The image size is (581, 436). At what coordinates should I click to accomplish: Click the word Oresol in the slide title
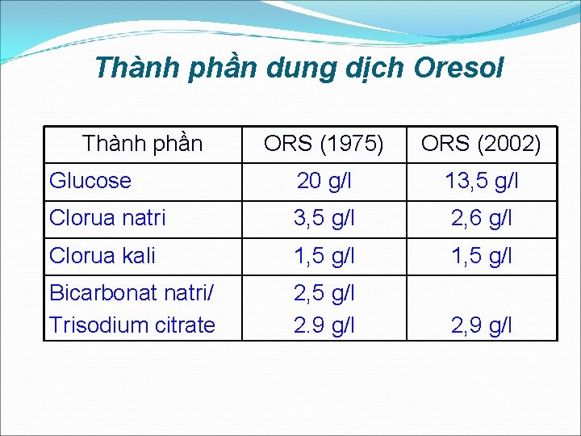458,68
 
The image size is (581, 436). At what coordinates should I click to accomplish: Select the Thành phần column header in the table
142,144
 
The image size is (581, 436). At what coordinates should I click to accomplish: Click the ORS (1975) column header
324,145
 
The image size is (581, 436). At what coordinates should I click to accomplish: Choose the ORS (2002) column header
481,145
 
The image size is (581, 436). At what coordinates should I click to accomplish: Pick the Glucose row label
90,181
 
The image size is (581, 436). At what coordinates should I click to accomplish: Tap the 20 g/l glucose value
324,182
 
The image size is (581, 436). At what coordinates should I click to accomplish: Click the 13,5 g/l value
481,182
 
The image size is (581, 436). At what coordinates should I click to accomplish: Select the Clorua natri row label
107,218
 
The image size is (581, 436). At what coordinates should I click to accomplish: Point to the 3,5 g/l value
324,219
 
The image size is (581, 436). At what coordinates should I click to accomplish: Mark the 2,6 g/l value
481,219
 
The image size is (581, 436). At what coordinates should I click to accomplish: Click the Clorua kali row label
102,256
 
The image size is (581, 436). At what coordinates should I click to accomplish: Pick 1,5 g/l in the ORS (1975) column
324,257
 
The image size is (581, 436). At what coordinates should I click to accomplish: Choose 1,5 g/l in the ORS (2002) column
481,257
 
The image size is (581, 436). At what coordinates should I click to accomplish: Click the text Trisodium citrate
132,325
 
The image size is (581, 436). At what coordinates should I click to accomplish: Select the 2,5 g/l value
324,293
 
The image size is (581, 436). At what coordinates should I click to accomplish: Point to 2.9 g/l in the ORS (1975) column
324,325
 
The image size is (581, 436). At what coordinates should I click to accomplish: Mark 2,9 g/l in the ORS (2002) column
481,325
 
